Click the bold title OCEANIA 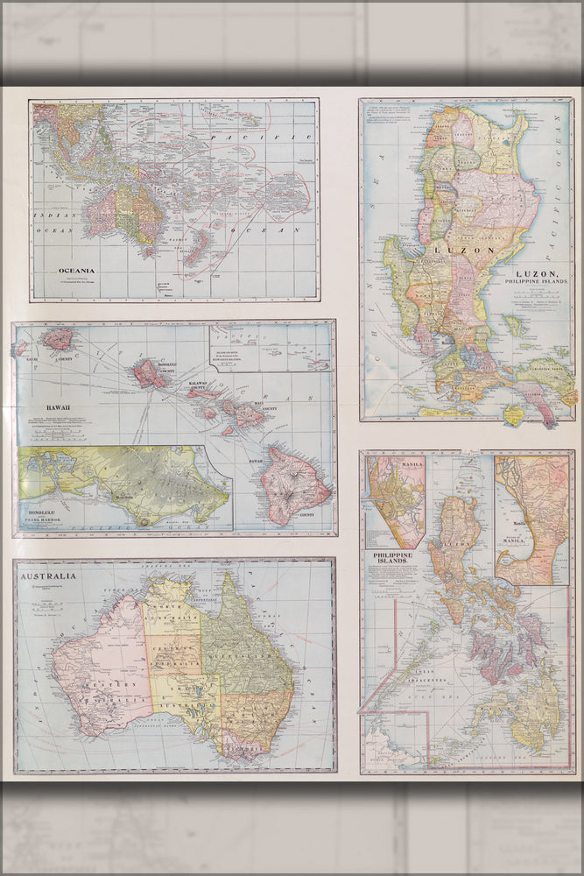(x=77, y=270)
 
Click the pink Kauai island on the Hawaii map (x=59, y=339)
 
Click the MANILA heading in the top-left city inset (x=386, y=463)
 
